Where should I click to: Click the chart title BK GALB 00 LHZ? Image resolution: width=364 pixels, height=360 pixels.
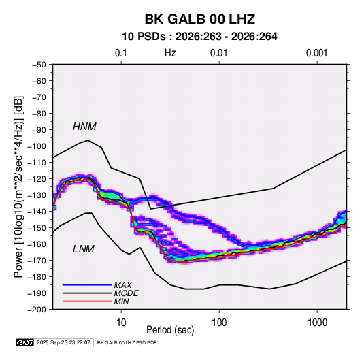pyautogui.click(x=200, y=19)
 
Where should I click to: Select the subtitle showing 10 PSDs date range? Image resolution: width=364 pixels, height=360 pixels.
pyautogui.click(x=199, y=37)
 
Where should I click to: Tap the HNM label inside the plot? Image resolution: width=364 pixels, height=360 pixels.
pyautogui.click(x=84, y=127)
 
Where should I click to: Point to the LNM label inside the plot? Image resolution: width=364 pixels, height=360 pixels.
pyautogui.click(x=84, y=249)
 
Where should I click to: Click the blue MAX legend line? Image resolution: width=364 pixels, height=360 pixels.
pyautogui.click(x=87, y=285)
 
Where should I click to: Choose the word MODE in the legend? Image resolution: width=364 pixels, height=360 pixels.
pyautogui.click(x=127, y=293)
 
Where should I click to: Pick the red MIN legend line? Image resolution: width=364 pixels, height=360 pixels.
pyautogui.click(x=87, y=301)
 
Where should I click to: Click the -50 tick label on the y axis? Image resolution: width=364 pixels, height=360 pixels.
pyautogui.click(x=39, y=65)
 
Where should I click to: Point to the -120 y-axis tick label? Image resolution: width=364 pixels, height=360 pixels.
pyautogui.click(x=37, y=179)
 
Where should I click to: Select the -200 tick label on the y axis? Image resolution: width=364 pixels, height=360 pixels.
pyautogui.click(x=37, y=310)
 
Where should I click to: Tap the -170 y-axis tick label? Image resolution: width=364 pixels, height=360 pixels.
pyautogui.click(x=37, y=261)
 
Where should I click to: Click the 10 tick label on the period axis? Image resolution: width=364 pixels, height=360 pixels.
pyautogui.click(x=121, y=322)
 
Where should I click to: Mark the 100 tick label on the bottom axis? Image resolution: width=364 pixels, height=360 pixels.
pyautogui.click(x=219, y=322)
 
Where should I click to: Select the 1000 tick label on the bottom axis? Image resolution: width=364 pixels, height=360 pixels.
pyautogui.click(x=317, y=322)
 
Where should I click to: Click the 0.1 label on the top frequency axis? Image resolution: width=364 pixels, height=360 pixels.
pyautogui.click(x=121, y=53)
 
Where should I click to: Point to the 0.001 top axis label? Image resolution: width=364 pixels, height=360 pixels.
pyautogui.click(x=316, y=53)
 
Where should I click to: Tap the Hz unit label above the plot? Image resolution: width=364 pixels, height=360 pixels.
pyautogui.click(x=170, y=53)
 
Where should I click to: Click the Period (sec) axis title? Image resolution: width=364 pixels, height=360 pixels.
pyautogui.click(x=170, y=330)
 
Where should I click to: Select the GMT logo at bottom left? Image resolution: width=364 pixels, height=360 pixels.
pyautogui.click(x=25, y=342)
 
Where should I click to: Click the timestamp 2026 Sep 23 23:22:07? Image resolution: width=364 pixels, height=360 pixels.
pyautogui.click(x=63, y=342)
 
